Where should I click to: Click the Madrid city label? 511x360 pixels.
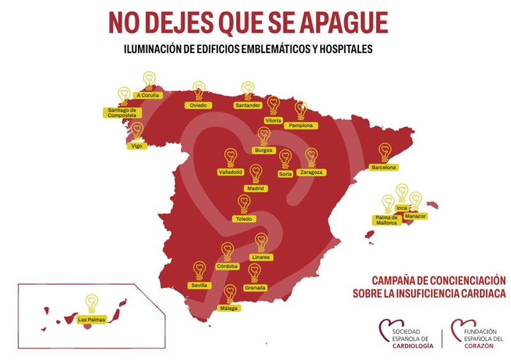tap(256, 189)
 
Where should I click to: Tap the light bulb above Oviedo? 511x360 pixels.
tap(199, 90)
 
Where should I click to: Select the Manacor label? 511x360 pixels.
tap(415, 216)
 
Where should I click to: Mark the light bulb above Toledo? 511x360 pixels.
tap(244, 204)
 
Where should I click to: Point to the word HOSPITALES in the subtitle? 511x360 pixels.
tap(339, 49)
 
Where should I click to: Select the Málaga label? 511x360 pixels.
tap(229, 309)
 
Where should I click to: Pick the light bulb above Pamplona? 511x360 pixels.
tap(301, 111)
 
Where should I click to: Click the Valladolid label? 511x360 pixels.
tap(231, 172)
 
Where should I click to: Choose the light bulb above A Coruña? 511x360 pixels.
tap(149, 80)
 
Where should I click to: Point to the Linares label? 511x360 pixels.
tap(261, 257)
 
